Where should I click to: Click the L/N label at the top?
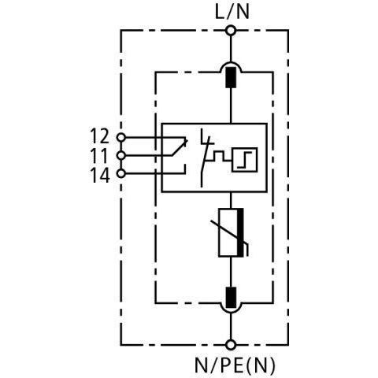pos(232,12)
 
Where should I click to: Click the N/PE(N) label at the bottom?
pos(235,365)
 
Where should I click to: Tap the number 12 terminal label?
pos(99,136)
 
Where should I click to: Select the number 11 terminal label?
pos(99,156)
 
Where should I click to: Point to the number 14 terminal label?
pos(100,176)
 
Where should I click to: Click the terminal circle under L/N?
pos(231,31)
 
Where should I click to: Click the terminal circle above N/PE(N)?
pos(231,345)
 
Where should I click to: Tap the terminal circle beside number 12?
pos(120,137)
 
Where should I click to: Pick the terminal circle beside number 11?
pos(120,156)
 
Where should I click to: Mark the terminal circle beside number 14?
pos(120,173)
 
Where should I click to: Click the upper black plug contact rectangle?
pos(231,77)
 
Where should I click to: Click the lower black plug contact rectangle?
pos(231,298)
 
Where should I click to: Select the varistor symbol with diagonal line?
pos(231,232)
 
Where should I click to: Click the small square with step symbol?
pos(244,160)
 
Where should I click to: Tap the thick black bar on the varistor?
pos(240,232)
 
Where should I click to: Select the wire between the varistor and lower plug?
pos(231,272)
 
